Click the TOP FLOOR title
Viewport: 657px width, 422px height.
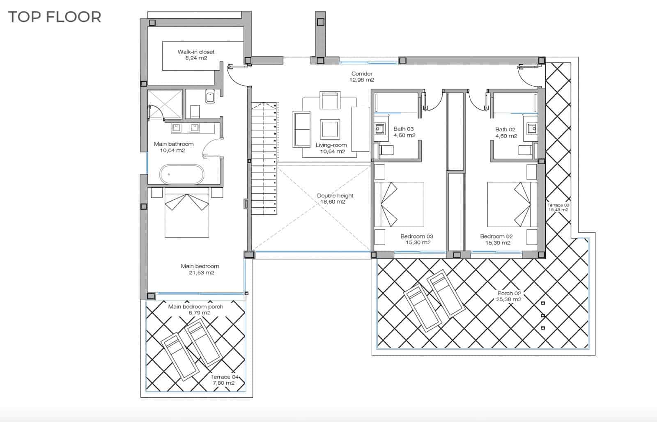[55, 17]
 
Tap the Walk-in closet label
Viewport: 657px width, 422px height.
[196, 55]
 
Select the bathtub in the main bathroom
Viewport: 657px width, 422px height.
[181, 174]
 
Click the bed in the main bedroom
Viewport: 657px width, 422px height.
[187, 212]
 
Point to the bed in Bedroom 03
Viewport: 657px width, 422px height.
[399, 204]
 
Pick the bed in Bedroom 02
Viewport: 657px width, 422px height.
[512, 204]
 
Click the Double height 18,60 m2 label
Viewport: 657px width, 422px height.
[335, 199]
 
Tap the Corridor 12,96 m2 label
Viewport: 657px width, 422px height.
[362, 77]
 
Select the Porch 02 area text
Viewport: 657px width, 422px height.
[509, 296]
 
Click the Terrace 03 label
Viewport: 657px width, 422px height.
[558, 207]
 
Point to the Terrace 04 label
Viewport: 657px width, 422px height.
[224, 380]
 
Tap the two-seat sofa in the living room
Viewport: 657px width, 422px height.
[301, 129]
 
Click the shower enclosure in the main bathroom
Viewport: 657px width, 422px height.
[165, 104]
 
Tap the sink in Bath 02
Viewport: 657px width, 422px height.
[532, 128]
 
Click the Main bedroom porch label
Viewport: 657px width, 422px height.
[196, 310]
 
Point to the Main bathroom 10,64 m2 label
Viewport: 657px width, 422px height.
[173, 147]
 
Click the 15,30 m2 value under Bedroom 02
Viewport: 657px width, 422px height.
[498, 243]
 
